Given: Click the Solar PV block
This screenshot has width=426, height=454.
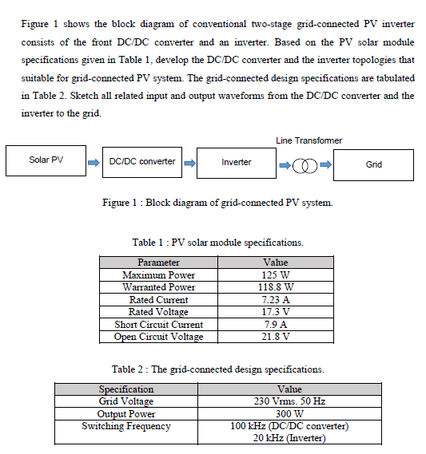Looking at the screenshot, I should coord(46,160).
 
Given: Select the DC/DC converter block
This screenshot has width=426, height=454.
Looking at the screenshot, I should coord(142,161).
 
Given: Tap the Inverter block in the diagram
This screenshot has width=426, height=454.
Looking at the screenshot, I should coord(236,162).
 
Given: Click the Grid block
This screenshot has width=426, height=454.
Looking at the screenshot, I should coord(373,164).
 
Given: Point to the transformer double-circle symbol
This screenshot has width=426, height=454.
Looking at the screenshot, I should coord(304,165).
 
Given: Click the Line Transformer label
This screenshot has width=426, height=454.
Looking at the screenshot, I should coord(309,140).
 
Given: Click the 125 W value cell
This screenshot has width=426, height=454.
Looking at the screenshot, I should coord(274,274).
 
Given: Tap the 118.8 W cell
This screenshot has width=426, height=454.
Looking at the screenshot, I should coord(274,287).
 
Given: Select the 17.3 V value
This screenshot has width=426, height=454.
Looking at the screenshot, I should coord(274,312).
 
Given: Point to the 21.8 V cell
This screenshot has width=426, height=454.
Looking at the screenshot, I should coord(274,337).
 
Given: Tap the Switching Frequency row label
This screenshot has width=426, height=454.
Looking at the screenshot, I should coord(125,426).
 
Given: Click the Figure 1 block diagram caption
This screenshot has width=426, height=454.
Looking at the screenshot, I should coord(217,203).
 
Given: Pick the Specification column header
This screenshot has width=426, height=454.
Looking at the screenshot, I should coord(125,389).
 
